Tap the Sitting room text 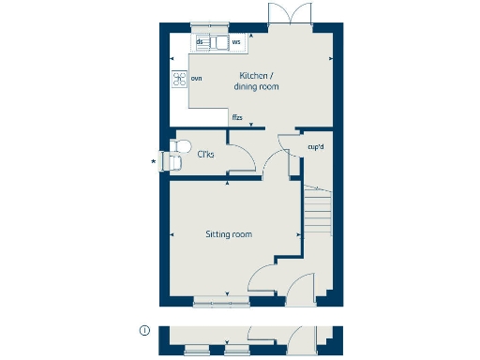pyautogui.click(x=229, y=234)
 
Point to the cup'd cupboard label pyautogui.click(x=315, y=146)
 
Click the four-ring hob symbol pyautogui.click(x=178, y=79)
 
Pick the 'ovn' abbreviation pyautogui.click(x=197, y=79)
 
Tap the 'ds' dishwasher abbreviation pyautogui.click(x=200, y=42)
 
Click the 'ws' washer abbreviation pyautogui.click(x=236, y=42)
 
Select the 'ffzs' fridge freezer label pyautogui.click(x=238, y=117)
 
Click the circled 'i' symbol pyautogui.click(x=143, y=330)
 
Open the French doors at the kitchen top pyautogui.click(x=284, y=16)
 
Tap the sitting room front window pyautogui.click(x=216, y=302)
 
